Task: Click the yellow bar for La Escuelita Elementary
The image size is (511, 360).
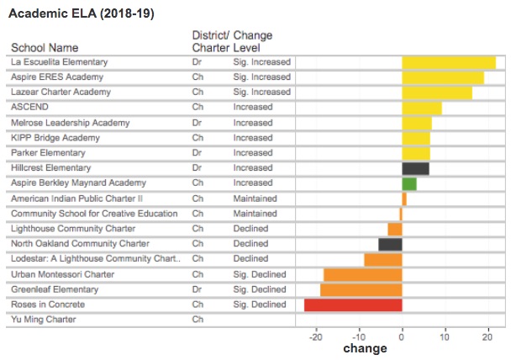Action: coord(449,62)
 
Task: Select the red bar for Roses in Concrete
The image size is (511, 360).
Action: coord(353,304)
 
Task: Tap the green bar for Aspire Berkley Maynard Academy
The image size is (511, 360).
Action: coord(409,183)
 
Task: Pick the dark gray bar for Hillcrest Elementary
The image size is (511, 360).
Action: coord(415,168)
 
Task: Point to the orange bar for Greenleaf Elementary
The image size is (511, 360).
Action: coord(361,289)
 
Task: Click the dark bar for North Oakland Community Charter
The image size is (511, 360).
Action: coord(390,244)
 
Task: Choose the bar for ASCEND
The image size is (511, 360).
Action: coord(422,108)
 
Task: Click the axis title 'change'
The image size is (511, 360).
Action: coord(366,348)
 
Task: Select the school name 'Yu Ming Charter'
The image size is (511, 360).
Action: coord(43,320)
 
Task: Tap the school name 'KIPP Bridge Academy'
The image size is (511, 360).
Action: coord(55,138)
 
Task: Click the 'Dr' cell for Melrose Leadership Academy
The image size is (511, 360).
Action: coord(198,123)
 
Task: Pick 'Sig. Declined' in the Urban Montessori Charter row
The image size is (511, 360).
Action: coord(260,274)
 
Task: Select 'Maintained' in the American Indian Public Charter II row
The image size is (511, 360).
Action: coord(255,199)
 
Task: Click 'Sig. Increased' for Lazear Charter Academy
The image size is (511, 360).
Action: coord(261,93)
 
